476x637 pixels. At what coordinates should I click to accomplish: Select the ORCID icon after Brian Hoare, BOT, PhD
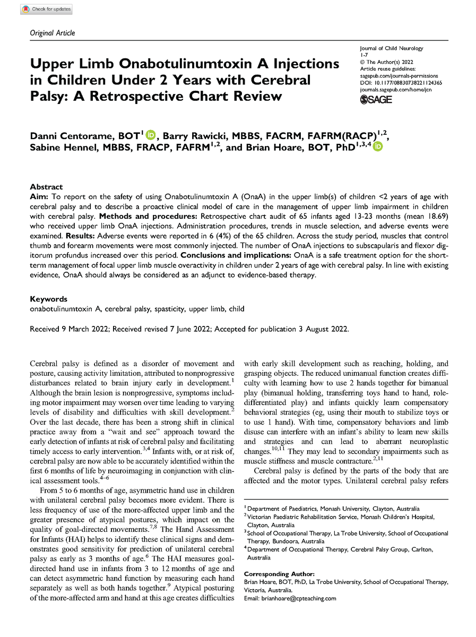[x=377, y=147]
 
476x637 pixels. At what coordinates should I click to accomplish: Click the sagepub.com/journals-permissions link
[x=397, y=76]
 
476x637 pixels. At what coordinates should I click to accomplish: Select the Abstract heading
[x=47, y=187]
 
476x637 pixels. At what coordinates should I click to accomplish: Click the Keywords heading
[x=49, y=299]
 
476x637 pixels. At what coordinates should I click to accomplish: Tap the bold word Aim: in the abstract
[x=40, y=197]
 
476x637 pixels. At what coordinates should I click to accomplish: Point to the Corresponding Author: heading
[x=279, y=574]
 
